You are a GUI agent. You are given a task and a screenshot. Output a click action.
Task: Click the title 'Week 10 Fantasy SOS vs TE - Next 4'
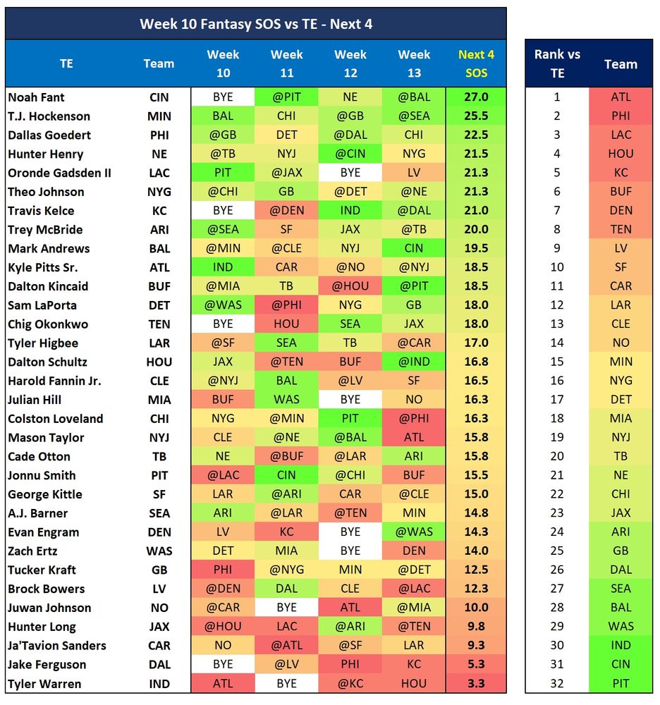pos(255,24)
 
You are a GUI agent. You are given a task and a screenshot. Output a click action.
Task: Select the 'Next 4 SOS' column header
pos(476,63)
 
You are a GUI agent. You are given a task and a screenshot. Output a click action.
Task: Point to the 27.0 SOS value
pos(476,97)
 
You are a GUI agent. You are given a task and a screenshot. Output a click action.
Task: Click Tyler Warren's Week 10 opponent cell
pos(222,684)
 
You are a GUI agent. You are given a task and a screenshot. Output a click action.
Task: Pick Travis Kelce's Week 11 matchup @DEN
pos(286,211)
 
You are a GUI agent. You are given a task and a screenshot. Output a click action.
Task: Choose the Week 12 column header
pos(350,63)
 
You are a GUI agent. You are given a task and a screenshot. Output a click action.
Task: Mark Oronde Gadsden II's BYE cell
pos(350,173)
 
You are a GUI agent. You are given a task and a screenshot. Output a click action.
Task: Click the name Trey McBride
pos(45,230)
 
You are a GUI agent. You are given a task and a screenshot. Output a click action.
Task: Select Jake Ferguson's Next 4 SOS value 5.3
pos(476,665)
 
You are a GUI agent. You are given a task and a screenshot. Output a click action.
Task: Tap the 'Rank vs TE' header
pos(557,63)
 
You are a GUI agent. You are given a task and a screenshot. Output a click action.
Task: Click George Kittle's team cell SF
pos(159,494)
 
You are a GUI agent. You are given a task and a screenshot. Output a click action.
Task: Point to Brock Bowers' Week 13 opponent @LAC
pos(414,589)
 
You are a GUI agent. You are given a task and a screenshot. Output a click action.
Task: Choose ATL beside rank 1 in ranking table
pos(621,97)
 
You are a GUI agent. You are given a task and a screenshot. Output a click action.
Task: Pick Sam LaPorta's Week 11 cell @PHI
pos(286,305)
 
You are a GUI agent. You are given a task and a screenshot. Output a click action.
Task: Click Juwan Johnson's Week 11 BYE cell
pos(286,608)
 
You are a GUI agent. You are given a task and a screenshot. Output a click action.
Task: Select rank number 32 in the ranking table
pos(557,684)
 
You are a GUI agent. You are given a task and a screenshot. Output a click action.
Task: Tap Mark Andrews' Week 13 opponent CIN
pos(414,249)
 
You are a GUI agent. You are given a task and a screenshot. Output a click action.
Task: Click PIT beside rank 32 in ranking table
pos(621,684)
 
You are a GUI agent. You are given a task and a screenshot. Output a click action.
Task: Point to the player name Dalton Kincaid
pos(48,286)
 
